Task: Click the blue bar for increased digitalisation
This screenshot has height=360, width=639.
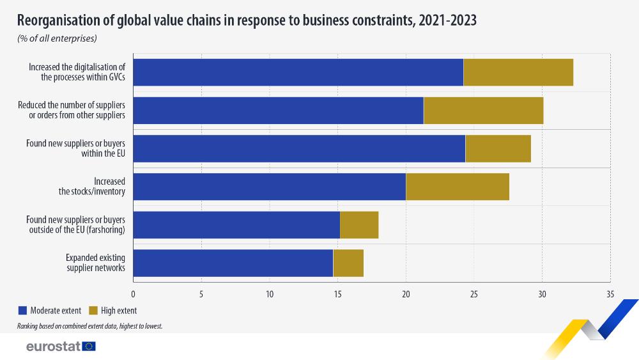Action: pyautogui.click(x=298, y=72)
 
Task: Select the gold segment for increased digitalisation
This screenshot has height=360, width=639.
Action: pyautogui.click(x=518, y=72)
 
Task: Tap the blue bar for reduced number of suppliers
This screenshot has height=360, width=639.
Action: pyautogui.click(x=278, y=111)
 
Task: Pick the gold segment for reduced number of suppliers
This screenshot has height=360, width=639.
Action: pyautogui.click(x=483, y=111)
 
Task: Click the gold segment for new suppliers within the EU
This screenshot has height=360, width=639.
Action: pyautogui.click(x=498, y=148)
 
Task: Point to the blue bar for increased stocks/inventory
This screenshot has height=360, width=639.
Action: pyautogui.click(x=269, y=187)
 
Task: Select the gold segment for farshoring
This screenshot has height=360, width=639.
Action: pyautogui.click(x=359, y=224)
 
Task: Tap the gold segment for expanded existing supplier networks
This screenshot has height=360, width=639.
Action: pyautogui.click(x=348, y=263)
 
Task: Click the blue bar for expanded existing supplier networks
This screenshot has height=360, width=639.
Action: pyautogui.click(x=233, y=263)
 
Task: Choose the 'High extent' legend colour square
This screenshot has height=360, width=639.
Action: pyautogui.click(x=93, y=311)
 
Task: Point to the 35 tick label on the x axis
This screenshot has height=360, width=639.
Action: pyautogui.click(x=610, y=294)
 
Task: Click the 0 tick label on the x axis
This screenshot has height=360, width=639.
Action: pyautogui.click(x=133, y=294)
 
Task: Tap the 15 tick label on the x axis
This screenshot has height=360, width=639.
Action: pyautogui.click(x=337, y=294)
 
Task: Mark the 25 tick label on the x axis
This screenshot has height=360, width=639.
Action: pyautogui.click(x=474, y=294)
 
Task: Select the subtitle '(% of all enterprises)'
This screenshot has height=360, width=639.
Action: pyautogui.click(x=57, y=38)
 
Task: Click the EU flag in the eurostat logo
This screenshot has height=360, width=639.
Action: pyautogui.click(x=89, y=347)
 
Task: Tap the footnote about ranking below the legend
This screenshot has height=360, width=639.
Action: pyautogui.click(x=90, y=326)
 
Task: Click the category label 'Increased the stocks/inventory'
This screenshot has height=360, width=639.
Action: pyautogui.click(x=101, y=187)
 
